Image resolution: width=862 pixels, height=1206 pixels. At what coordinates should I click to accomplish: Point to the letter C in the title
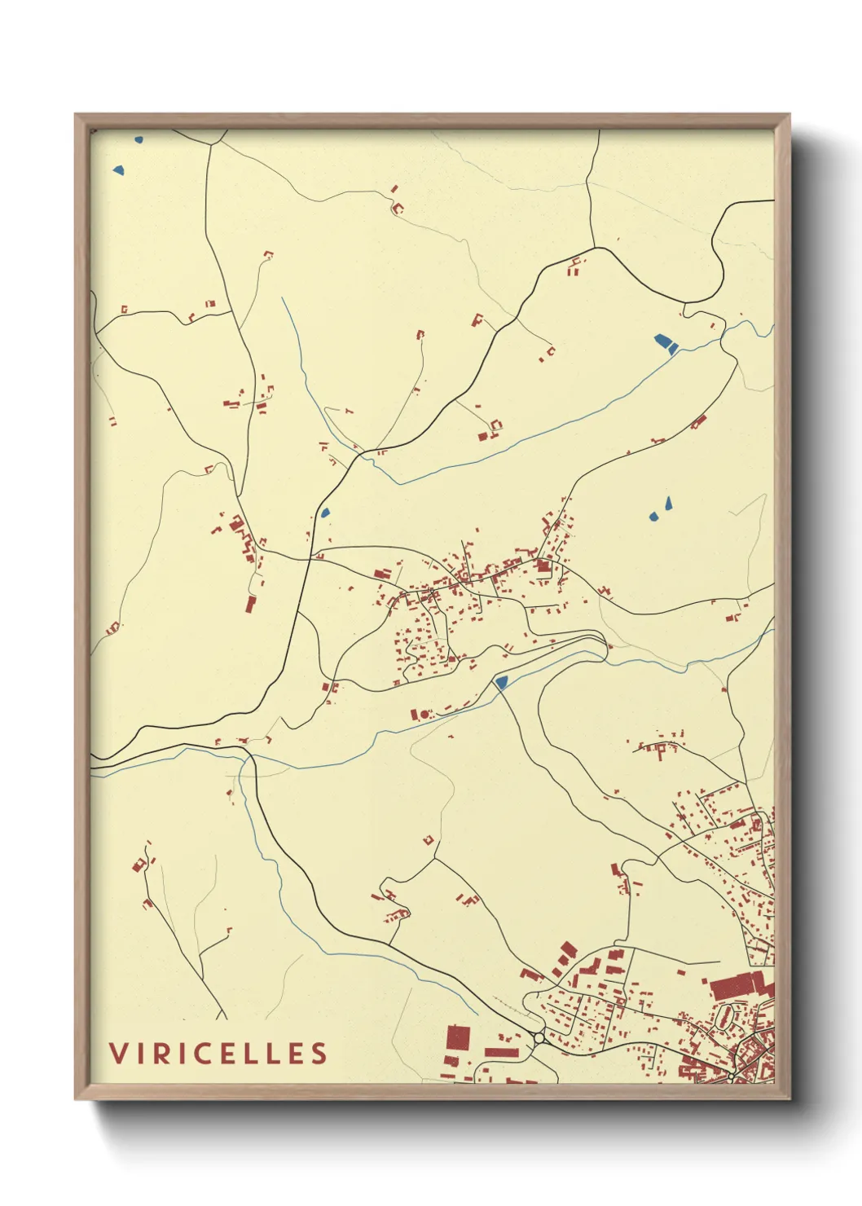pyautogui.click(x=198, y=1053)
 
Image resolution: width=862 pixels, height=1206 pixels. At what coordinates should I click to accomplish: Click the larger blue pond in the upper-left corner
pyautogui.click(x=119, y=171)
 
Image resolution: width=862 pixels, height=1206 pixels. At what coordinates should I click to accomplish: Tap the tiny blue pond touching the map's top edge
pyautogui.click(x=139, y=140)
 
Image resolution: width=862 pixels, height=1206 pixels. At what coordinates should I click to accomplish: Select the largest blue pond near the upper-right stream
pyautogui.click(x=664, y=343)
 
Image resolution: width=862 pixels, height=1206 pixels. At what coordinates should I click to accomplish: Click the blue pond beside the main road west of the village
pyautogui.click(x=325, y=513)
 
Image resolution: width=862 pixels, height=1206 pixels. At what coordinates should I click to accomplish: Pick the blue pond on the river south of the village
pyautogui.click(x=501, y=681)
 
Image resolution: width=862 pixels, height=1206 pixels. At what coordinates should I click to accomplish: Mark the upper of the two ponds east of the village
pyautogui.click(x=668, y=502)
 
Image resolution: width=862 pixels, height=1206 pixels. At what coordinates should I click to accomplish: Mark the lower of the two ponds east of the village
pyautogui.click(x=654, y=516)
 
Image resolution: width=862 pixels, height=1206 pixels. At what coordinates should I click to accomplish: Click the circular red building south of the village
pyautogui.click(x=424, y=715)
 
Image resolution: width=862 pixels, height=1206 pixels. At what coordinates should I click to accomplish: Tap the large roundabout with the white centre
pyautogui.click(x=539, y=1038)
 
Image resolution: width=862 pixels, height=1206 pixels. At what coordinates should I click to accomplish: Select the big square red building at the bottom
pyautogui.click(x=458, y=1038)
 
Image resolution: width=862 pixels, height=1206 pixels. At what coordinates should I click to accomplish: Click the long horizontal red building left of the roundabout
pyautogui.click(x=502, y=1052)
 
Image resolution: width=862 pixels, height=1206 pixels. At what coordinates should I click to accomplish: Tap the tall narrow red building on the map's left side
pyautogui.click(x=251, y=603)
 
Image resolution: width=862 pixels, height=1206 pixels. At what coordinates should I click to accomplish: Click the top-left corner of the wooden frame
pyautogui.click(x=76, y=115)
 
